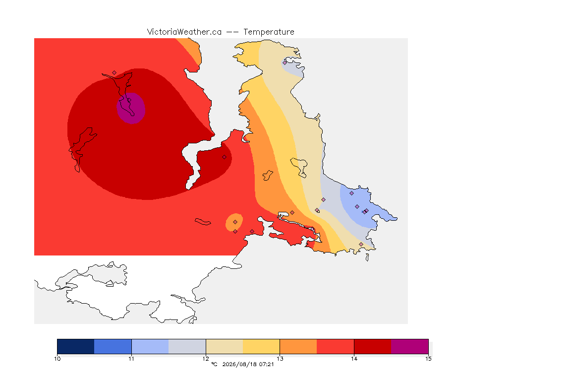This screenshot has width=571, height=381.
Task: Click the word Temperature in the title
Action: coord(269,32)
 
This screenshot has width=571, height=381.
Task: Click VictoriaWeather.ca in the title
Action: coord(184,32)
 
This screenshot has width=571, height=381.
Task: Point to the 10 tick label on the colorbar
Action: coord(57,359)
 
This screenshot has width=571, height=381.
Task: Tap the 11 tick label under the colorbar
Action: coord(131,359)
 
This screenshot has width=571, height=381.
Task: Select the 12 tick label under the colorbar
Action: coord(206,359)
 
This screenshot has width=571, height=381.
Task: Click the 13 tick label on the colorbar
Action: coord(280,359)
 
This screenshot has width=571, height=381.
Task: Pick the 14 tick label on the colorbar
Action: coord(354,359)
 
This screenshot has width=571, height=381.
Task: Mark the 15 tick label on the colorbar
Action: coord(428,359)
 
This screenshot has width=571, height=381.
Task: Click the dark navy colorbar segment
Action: coord(76,346)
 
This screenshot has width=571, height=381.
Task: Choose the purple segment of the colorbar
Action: coord(410,346)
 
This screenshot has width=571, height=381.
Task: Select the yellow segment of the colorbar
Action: coord(261,346)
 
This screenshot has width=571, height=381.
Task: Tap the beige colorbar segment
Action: coord(225,346)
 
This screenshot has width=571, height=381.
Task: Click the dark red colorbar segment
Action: coord(373,346)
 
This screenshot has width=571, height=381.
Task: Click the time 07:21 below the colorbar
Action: coord(266,364)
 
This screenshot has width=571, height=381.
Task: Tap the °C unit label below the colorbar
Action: coord(214,364)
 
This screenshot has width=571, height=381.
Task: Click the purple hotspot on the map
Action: coord(131,108)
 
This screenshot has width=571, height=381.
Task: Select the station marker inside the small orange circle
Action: coord(235,222)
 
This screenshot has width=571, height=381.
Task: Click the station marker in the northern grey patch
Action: coord(285,63)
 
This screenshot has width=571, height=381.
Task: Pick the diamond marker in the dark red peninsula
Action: coord(225,157)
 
